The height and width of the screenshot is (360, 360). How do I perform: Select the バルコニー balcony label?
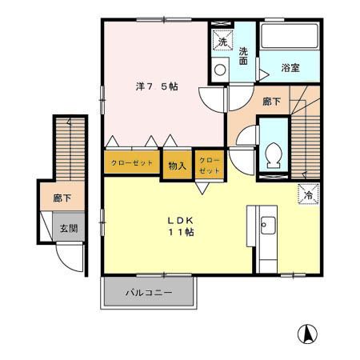pyautogui.click(x=149, y=293)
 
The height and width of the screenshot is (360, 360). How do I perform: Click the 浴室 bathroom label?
pyautogui.click(x=290, y=69)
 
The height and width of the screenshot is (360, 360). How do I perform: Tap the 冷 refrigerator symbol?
pyautogui.click(x=308, y=193)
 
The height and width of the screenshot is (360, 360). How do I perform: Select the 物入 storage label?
pyautogui.click(x=178, y=166)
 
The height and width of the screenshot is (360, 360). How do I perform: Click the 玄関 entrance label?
pyautogui.click(x=68, y=228)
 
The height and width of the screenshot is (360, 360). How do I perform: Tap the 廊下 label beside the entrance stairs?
pyautogui.click(x=62, y=196)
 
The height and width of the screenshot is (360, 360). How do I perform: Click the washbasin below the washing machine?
pyautogui.click(x=220, y=69)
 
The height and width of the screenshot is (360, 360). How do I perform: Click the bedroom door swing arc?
pyautogui.click(x=213, y=102)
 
